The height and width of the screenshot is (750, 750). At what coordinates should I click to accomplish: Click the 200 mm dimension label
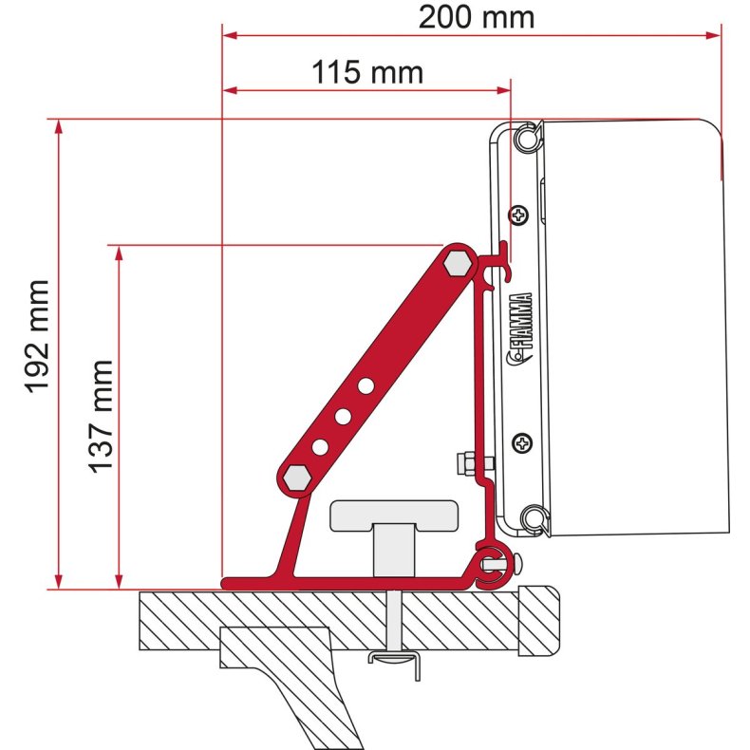point(477,16)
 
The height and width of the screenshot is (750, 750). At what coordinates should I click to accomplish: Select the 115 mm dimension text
point(366,72)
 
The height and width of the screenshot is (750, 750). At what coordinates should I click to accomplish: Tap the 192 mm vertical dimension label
point(36,336)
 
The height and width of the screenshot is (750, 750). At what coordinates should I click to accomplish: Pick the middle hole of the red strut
point(343,416)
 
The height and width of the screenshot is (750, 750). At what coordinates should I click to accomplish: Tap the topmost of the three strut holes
point(365,385)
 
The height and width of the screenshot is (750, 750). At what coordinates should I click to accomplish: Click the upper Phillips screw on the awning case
point(518,216)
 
